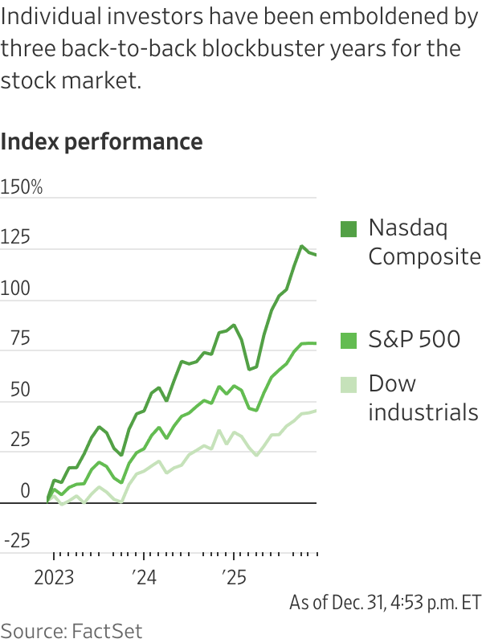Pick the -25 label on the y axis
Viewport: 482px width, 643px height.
pyautogui.click(x=15, y=542)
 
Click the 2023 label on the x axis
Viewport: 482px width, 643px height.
pyautogui.click(x=54, y=578)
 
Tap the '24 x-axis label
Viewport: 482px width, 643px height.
pyautogui.click(x=144, y=578)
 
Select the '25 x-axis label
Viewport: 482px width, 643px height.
pyautogui.click(x=234, y=578)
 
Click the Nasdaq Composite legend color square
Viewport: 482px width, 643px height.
pyautogui.click(x=348, y=229)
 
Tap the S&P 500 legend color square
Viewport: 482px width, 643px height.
pyautogui.click(x=348, y=341)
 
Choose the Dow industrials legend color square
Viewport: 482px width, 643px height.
pyautogui.click(x=348, y=384)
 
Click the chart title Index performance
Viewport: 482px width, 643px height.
pyautogui.click(x=102, y=142)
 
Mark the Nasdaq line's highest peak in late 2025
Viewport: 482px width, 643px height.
pyautogui.click(x=302, y=246)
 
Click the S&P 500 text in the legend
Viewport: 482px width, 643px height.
pyautogui.click(x=414, y=340)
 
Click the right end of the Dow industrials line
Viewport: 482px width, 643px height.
pyautogui.click(x=316, y=411)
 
